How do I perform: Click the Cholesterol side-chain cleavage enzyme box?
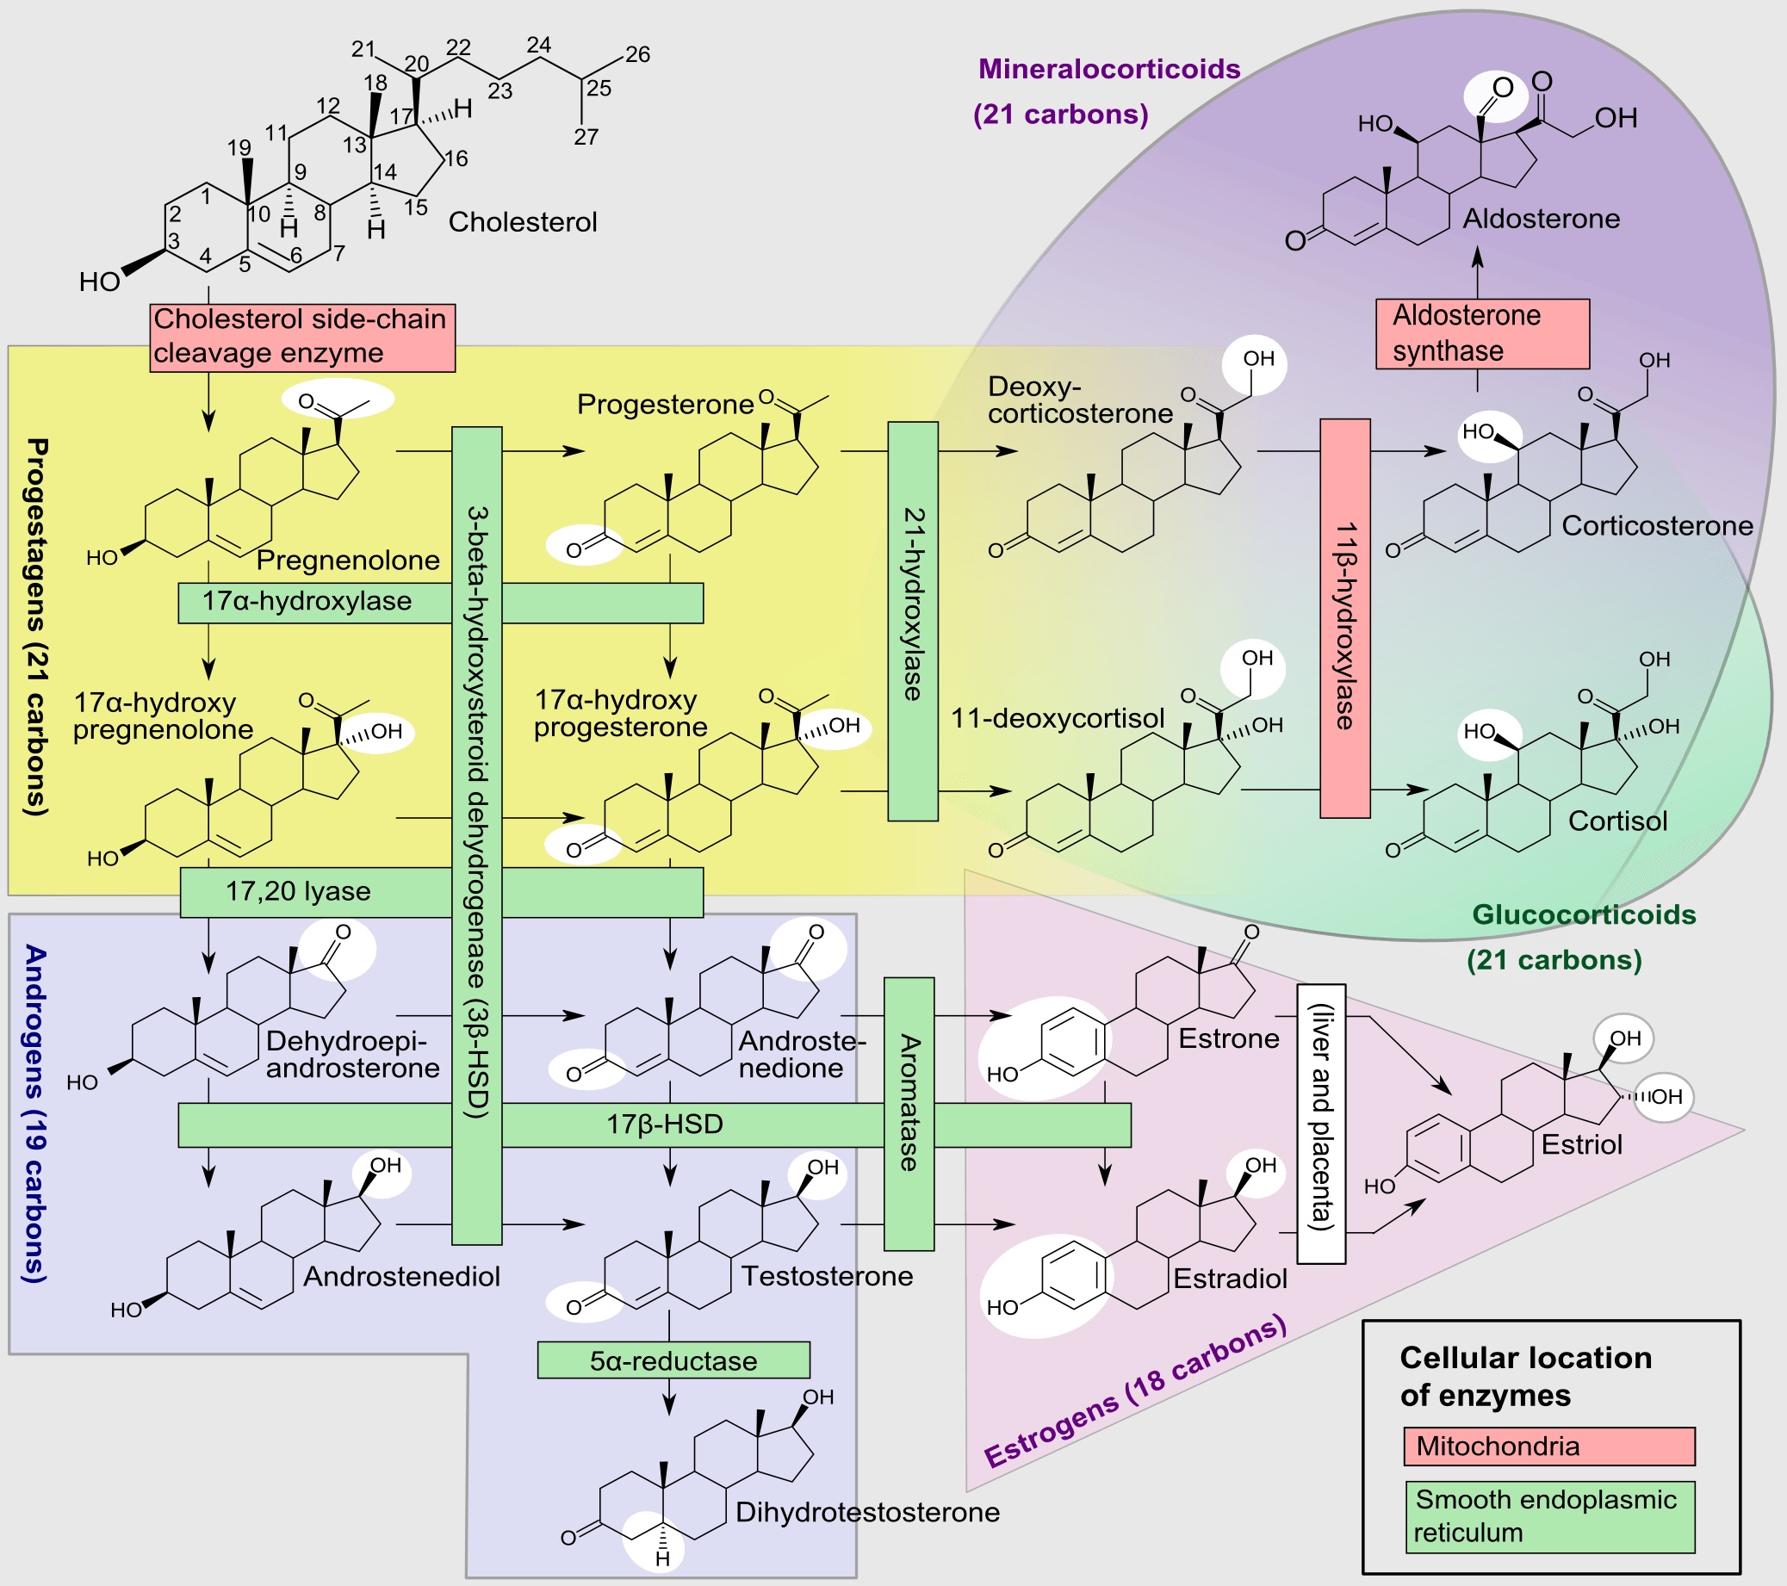click(x=301, y=337)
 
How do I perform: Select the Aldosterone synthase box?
click(x=1482, y=333)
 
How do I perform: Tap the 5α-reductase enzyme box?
click(x=673, y=1360)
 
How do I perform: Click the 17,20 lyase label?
click(x=298, y=891)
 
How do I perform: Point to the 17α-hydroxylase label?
click(x=307, y=602)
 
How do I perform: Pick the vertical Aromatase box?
click(x=909, y=1113)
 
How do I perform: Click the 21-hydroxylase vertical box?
click(x=912, y=621)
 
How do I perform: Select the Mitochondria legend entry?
click(x=1548, y=1447)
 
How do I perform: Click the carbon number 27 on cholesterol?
click(x=586, y=137)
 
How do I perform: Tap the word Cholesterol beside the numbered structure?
click(x=523, y=222)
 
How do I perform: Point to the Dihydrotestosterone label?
click(x=867, y=1512)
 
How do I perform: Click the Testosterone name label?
click(x=827, y=1276)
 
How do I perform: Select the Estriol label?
click(x=1580, y=1144)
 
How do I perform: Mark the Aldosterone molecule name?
click(x=1542, y=219)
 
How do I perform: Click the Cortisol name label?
click(x=1617, y=821)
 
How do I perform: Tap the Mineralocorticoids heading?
click(x=1108, y=69)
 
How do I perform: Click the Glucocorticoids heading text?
click(x=1583, y=914)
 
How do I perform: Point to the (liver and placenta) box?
click(x=1320, y=1124)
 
